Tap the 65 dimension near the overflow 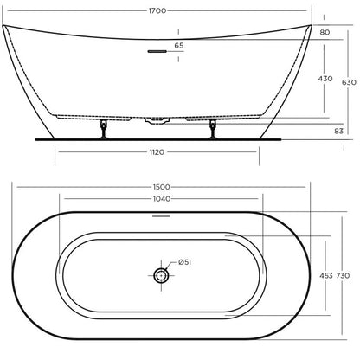(x=179, y=45)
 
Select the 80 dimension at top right (x=325, y=33)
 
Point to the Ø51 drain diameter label (x=185, y=263)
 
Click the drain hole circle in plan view (x=160, y=275)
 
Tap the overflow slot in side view (x=157, y=52)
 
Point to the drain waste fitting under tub (x=157, y=119)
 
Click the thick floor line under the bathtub (x=157, y=136)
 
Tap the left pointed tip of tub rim (x=4, y=27)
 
